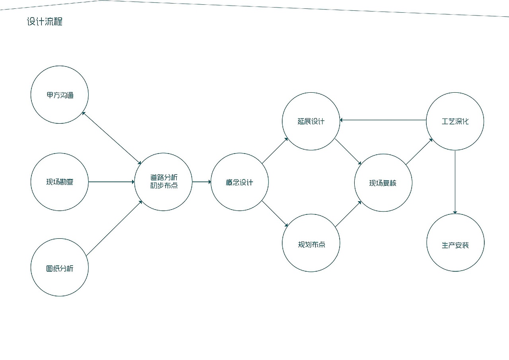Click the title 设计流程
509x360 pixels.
coord(45,21)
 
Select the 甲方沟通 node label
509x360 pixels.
coord(60,95)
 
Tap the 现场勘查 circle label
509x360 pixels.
coord(60,182)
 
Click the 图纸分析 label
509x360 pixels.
coord(60,269)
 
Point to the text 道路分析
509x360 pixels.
coord(164,177)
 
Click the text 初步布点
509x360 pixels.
coord(164,185)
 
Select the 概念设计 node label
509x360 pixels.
coord(239,182)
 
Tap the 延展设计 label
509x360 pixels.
coord(311,121)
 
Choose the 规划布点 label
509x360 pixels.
coord(311,245)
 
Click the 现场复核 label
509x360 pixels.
coord(383,183)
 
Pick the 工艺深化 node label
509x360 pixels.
coord(455,121)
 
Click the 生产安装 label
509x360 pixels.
coord(455,245)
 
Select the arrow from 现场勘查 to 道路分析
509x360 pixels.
coord(111,182)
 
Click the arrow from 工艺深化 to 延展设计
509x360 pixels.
coord(383,120)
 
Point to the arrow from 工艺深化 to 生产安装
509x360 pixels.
coord(455,182)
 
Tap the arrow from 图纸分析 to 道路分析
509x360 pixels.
coord(114,228)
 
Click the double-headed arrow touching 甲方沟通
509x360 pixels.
coord(112,138)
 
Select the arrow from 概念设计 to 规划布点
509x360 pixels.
coord(275,214)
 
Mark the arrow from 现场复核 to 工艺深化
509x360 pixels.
coord(419,152)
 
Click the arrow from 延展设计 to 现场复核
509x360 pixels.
coord(348,152)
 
